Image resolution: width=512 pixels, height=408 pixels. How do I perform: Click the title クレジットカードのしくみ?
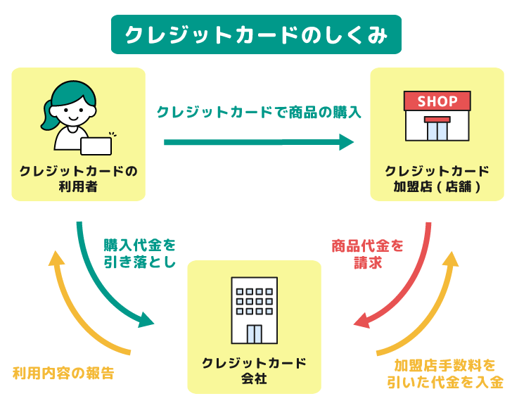pos(255,34)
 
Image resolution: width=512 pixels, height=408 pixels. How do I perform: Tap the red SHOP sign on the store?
pos(437,101)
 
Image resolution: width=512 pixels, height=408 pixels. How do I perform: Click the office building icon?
pos(255,310)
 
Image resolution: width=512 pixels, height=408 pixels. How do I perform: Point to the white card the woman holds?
pos(96,145)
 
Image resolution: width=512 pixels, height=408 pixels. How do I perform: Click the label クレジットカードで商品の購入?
pos(258,112)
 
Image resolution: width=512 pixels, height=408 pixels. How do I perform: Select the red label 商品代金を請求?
pos(368,254)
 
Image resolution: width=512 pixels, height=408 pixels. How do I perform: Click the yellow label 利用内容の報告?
pos(63,373)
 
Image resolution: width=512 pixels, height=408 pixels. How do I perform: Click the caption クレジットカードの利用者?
pos(78,179)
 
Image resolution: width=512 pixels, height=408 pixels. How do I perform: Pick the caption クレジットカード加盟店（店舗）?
pos(437,179)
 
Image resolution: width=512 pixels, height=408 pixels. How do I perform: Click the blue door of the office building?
pos(254,333)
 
